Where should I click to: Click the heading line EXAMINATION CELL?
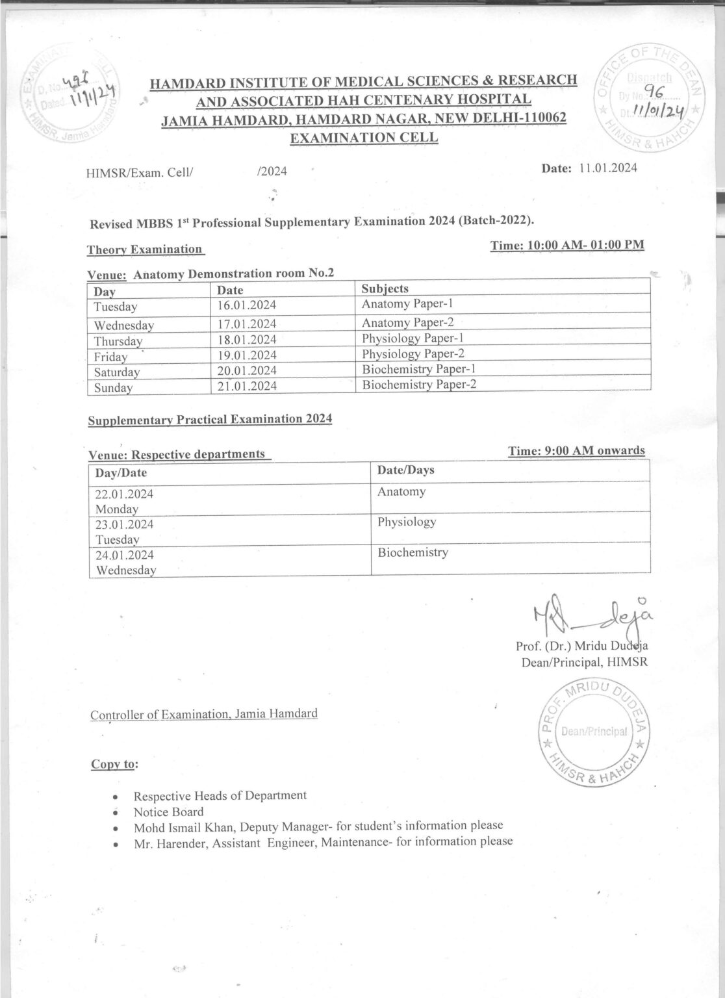click(x=363, y=138)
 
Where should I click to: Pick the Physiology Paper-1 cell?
click(x=411, y=339)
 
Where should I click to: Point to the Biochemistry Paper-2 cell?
click(x=419, y=385)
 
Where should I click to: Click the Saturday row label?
click(x=117, y=372)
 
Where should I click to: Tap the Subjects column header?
click(x=385, y=288)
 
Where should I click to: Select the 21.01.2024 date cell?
click(x=247, y=387)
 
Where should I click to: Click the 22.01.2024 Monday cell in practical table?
click(x=125, y=501)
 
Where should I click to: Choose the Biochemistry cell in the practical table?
click(x=413, y=553)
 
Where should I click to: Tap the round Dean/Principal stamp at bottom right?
click(x=590, y=732)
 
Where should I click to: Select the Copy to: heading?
click(x=114, y=764)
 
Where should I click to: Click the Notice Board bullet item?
click(x=168, y=812)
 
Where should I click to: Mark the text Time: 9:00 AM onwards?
click(x=576, y=451)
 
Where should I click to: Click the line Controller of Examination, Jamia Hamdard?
click(x=204, y=715)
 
